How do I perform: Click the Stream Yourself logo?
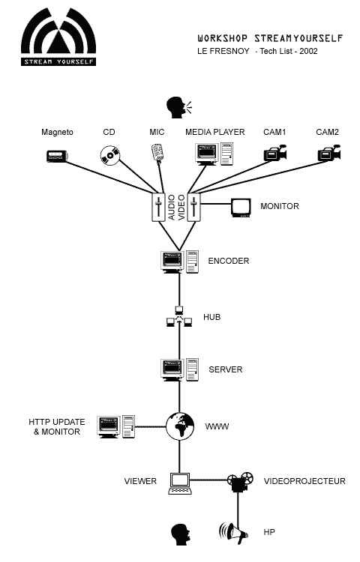click(x=58, y=37)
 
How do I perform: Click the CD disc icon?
click(x=109, y=155)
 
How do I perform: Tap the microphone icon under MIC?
click(x=157, y=153)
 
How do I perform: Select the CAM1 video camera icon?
click(x=275, y=154)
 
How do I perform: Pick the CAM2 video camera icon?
click(x=328, y=154)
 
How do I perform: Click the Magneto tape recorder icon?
click(x=57, y=156)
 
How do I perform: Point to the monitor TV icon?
click(x=241, y=208)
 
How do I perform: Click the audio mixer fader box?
click(x=158, y=207)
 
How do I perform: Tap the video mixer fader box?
click(x=194, y=207)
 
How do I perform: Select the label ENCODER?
click(x=229, y=261)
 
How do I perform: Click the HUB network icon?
click(x=179, y=317)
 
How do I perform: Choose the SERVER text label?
click(x=226, y=369)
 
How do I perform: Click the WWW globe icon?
click(x=180, y=426)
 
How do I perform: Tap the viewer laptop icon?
click(x=180, y=484)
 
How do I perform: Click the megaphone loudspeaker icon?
click(x=233, y=533)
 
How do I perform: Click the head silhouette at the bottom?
click(x=180, y=534)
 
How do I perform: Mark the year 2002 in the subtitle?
click(x=308, y=51)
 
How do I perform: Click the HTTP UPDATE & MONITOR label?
click(x=57, y=427)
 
